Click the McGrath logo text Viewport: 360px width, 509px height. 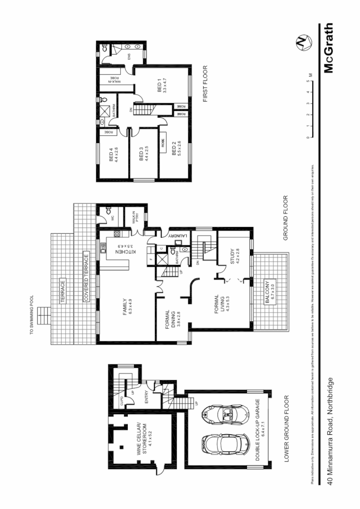[x=329, y=48]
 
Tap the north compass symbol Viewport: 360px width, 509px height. [x=303, y=43]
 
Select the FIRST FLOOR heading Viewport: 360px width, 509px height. [x=206, y=84]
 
